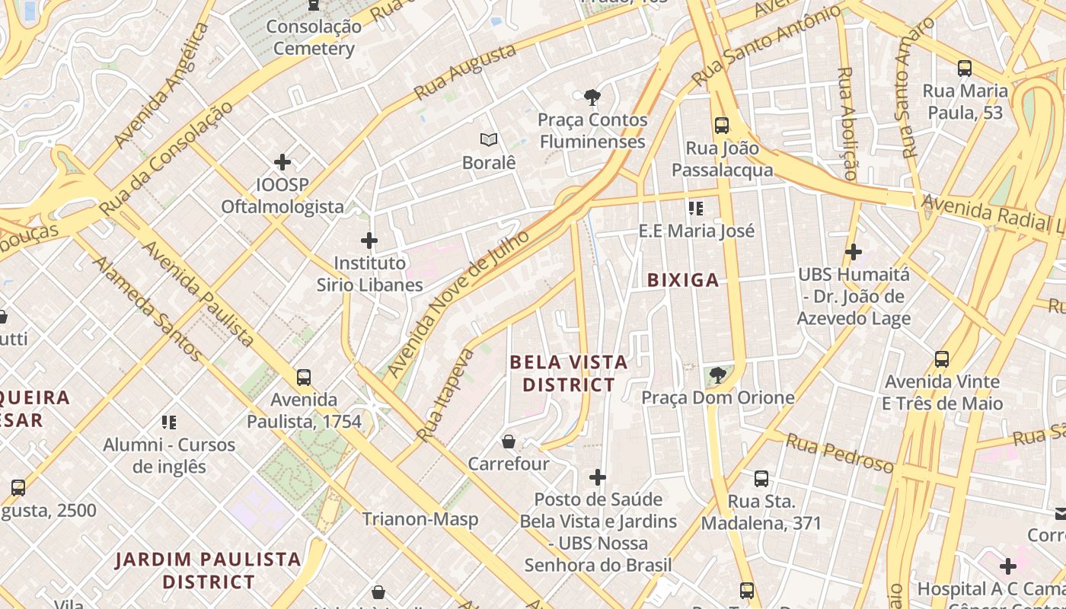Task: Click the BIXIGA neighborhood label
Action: click(x=683, y=280)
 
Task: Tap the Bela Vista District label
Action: click(x=569, y=373)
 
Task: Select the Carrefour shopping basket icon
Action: click(x=509, y=442)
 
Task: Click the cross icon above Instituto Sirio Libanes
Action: click(x=369, y=241)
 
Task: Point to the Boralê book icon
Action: click(x=489, y=140)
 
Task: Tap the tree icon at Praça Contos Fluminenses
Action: click(x=592, y=97)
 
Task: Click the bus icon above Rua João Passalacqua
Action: click(x=721, y=126)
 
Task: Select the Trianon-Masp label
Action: click(x=420, y=519)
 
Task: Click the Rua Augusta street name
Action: click(x=464, y=72)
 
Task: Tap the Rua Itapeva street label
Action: click(x=445, y=395)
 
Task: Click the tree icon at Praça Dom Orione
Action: click(x=717, y=375)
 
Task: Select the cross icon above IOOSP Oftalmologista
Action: click(x=282, y=162)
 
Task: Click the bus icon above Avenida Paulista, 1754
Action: click(x=304, y=377)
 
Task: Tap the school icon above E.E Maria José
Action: click(x=695, y=208)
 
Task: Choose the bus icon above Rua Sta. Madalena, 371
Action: click(x=761, y=479)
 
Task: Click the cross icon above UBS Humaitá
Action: click(x=854, y=252)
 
